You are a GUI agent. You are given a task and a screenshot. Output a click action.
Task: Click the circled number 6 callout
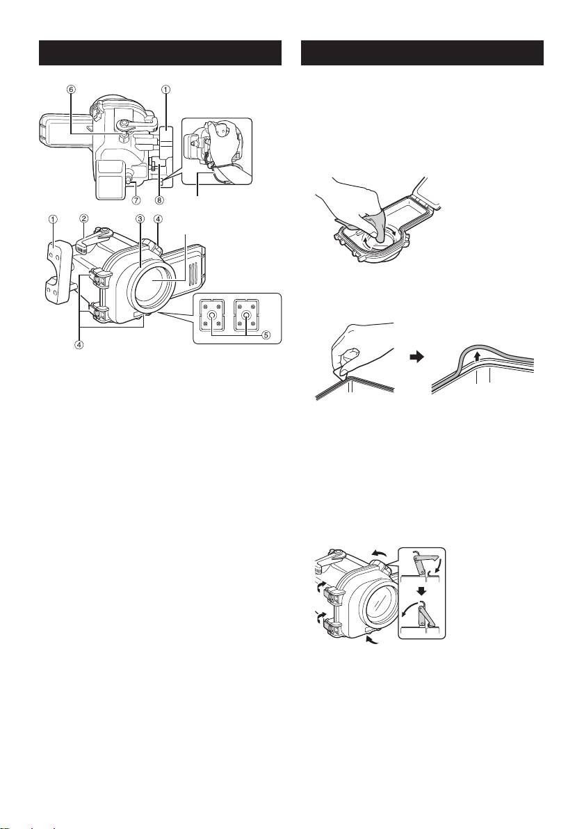[x=71, y=89]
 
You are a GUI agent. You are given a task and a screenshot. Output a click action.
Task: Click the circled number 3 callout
[x=140, y=219]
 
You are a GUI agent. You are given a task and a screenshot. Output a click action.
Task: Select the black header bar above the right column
[x=422, y=53]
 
